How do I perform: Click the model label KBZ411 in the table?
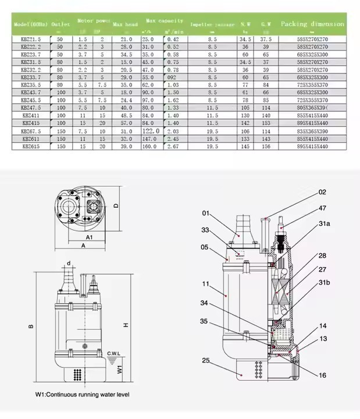(x=31, y=116)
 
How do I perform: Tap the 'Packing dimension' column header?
(x=312, y=24)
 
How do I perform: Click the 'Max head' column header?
(x=125, y=24)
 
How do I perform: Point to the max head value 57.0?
(x=126, y=124)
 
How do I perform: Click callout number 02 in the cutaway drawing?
(x=322, y=191)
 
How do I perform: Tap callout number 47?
(x=322, y=207)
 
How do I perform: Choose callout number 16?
(x=322, y=376)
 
